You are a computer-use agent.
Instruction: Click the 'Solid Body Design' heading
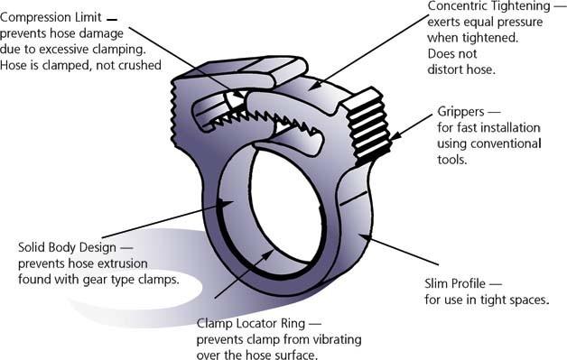pos(71,246)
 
